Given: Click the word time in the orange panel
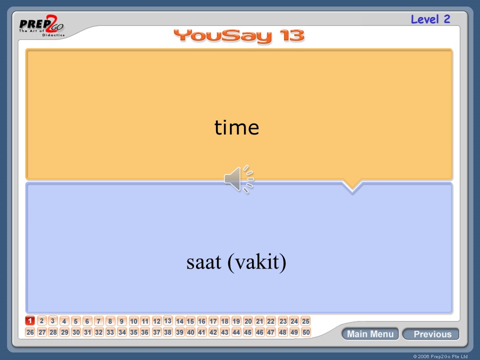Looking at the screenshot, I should pyautogui.click(x=236, y=128).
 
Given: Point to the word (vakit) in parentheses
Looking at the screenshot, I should pyautogui.click(x=257, y=262).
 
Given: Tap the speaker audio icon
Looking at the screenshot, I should pyautogui.click(x=238, y=179).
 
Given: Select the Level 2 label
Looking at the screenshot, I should pyautogui.click(x=430, y=19).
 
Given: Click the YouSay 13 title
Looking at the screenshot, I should pyautogui.click(x=239, y=36).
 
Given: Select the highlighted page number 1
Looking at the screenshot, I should pyautogui.click(x=30, y=321).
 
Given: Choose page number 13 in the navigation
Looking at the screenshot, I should pyautogui.click(x=168, y=320).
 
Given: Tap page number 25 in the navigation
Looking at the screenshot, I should pyautogui.click(x=305, y=321).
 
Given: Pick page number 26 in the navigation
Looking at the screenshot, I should pyautogui.click(x=30, y=332).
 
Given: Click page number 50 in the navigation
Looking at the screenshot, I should pyautogui.click(x=305, y=332).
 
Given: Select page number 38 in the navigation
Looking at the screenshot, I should pyautogui.click(x=168, y=332).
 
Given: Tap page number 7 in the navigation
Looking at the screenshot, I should pyautogui.click(x=99, y=321).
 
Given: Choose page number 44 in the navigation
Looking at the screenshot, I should pyautogui.click(x=236, y=332).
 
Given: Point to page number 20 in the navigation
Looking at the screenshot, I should pyautogui.click(x=248, y=321).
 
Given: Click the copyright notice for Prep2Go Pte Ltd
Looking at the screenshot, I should pyautogui.click(x=440, y=356).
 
